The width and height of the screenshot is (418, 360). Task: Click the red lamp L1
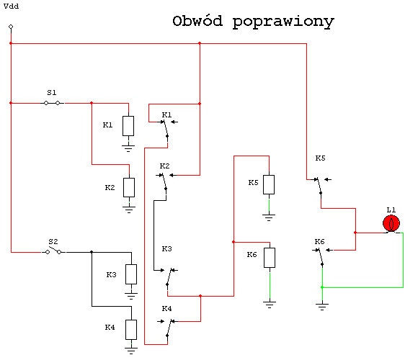(x=391, y=223)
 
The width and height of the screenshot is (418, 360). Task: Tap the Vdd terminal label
(x=12, y=6)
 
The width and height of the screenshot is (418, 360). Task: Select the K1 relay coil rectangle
(x=128, y=126)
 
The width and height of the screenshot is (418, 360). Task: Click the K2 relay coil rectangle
(x=129, y=187)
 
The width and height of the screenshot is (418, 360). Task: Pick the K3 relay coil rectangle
(x=131, y=274)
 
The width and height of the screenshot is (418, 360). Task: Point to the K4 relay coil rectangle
(x=131, y=330)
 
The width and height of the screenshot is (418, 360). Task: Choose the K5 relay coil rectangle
(x=269, y=184)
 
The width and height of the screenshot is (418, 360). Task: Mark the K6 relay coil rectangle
(x=270, y=258)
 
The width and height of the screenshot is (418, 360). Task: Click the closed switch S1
(x=52, y=103)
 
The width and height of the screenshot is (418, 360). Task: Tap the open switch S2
(x=53, y=251)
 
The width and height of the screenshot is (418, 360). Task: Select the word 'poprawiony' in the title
(x=283, y=22)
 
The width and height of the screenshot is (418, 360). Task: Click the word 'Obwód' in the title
(x=197, y=21)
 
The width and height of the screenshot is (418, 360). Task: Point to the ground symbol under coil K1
(x=128, y=148)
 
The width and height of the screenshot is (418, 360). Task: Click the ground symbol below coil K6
(x=270, y=305)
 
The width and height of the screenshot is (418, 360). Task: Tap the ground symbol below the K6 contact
(x=322, y=307)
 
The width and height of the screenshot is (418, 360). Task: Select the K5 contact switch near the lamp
(x=321, y=186)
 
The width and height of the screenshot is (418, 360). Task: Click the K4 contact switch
(x=168, y=329)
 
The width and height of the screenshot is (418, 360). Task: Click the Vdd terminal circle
(x=11, y=27)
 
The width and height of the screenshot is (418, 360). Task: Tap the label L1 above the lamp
(x=391, y=210)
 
